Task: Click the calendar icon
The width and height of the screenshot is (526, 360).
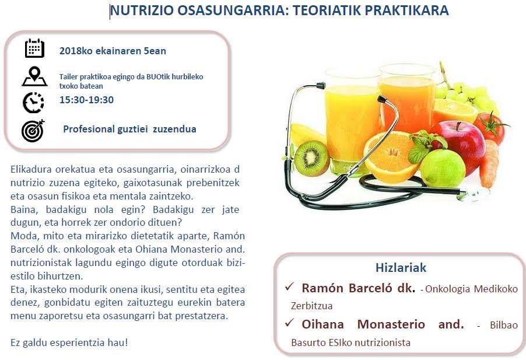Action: click(34, 48)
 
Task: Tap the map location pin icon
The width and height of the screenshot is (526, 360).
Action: click(34, 76)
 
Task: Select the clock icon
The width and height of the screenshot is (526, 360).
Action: click(33, 103)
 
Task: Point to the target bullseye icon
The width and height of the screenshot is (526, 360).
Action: click(33, 130)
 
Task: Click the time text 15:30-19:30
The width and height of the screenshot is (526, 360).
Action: click(86, 100)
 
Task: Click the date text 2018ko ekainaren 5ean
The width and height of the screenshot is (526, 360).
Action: click(113, 51)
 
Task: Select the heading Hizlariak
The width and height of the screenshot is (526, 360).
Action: click(401, 268)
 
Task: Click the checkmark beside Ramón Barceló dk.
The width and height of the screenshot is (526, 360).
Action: click(289, 287)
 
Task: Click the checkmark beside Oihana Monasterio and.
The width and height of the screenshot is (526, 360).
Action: click(289, 323)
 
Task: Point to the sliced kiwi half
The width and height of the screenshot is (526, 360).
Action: click(312, 158)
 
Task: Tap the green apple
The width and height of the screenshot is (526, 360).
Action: click(443, 169)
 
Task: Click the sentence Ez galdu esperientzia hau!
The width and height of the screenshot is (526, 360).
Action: click(69, 343)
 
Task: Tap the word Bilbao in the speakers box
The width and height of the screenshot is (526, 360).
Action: click(503, 325)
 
